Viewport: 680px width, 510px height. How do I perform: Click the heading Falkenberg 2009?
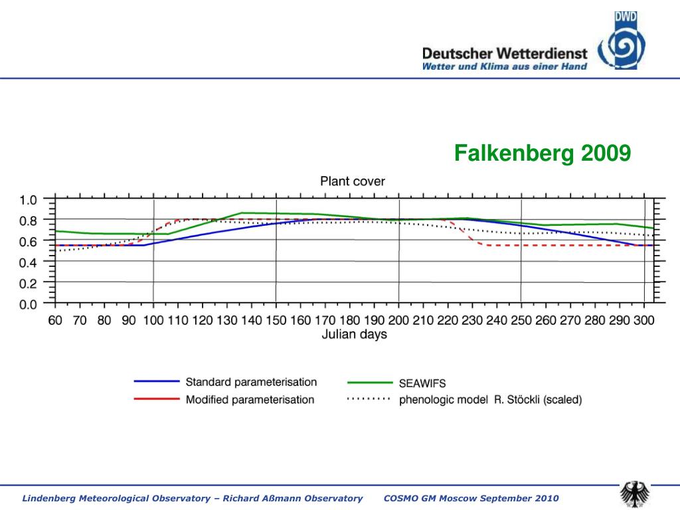click(x=542, y=154)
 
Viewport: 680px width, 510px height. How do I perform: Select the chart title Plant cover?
click(x=353, y=181)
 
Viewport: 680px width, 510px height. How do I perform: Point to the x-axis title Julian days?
click(x=354, y=335)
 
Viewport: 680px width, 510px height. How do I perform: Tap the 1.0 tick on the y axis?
click(x=28, y=199)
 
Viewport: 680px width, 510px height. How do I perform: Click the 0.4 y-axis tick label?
click(x=28, y=262)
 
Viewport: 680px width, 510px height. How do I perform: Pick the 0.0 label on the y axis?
click(x=28, y=305)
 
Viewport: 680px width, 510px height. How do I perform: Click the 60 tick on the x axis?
click(x=55, y=320)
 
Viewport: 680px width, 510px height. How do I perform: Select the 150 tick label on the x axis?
click(x=276, y=320)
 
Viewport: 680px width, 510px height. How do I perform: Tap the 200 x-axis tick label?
click(x=399, y=320)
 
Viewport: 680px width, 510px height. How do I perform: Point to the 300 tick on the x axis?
click(x=643, y=320)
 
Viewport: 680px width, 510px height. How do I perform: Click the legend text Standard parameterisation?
click(x=251, y=382)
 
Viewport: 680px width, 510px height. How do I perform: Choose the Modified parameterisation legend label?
click(x=250, y=400)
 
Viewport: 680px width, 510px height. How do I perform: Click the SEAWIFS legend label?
click(x=422, y=383)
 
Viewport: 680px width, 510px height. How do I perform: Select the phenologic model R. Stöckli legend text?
click(x=490, y=400)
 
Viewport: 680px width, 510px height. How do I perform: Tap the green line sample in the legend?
click(x=370, y=382)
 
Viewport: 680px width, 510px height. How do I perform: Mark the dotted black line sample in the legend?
click(x=370, y=400)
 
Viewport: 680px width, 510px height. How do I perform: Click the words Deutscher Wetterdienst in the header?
click(x=505, y=53)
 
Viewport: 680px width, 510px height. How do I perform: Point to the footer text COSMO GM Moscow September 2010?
click(x=471, y=498)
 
